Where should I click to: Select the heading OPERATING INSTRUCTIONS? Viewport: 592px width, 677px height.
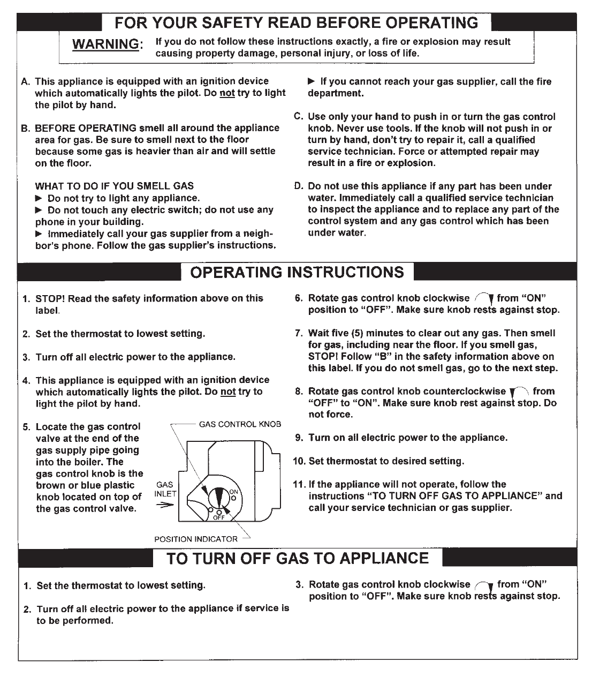tap(297, 272)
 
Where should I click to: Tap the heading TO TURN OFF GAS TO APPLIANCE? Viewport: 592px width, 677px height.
tap(297, 558)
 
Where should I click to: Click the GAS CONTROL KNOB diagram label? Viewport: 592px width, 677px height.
tap(240, 424)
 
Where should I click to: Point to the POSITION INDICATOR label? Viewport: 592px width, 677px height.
tap(195, 539)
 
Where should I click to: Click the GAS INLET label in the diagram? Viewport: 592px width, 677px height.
tap(165, 488)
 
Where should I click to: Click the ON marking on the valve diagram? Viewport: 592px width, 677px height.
tap(233, 492)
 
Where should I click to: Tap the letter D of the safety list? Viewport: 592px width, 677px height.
tap(299, 186)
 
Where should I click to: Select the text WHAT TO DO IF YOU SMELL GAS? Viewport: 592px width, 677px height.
tap(115, 186)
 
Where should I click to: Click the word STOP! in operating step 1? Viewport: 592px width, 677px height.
tap(50, 298)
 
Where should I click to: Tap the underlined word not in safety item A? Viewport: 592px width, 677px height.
tap(227, 93)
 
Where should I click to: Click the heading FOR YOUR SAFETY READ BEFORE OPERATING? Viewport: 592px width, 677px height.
tap(297, 22)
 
